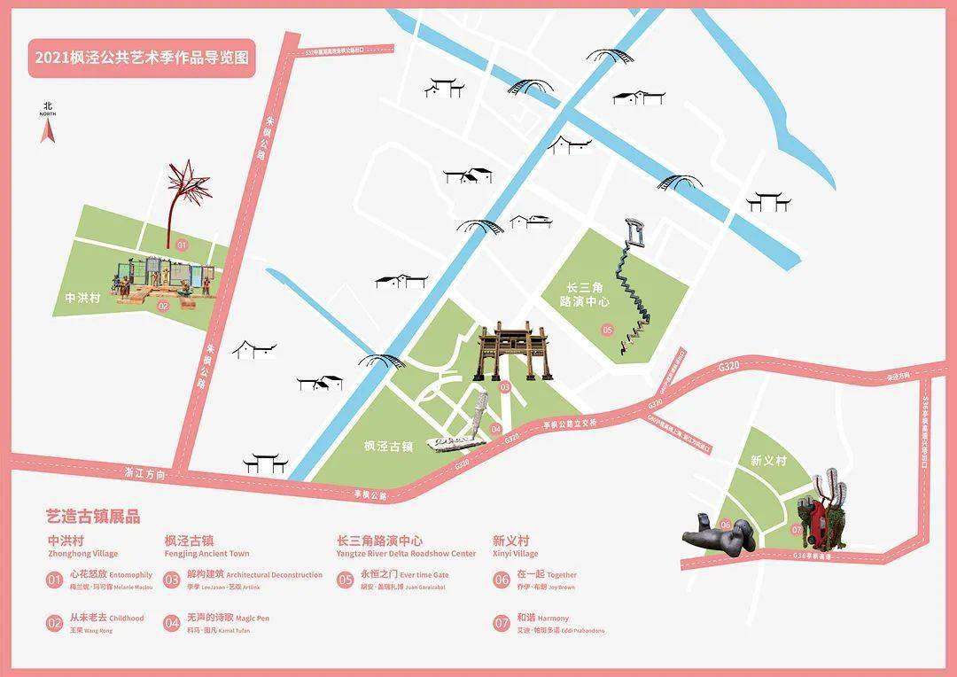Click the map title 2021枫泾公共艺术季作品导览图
[x=141, y=58]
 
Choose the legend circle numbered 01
[x=55, y=580]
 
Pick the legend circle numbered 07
[x=501, y=623]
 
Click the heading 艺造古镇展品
[x=93, y=517]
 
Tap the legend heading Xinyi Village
[x=515, y=554]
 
